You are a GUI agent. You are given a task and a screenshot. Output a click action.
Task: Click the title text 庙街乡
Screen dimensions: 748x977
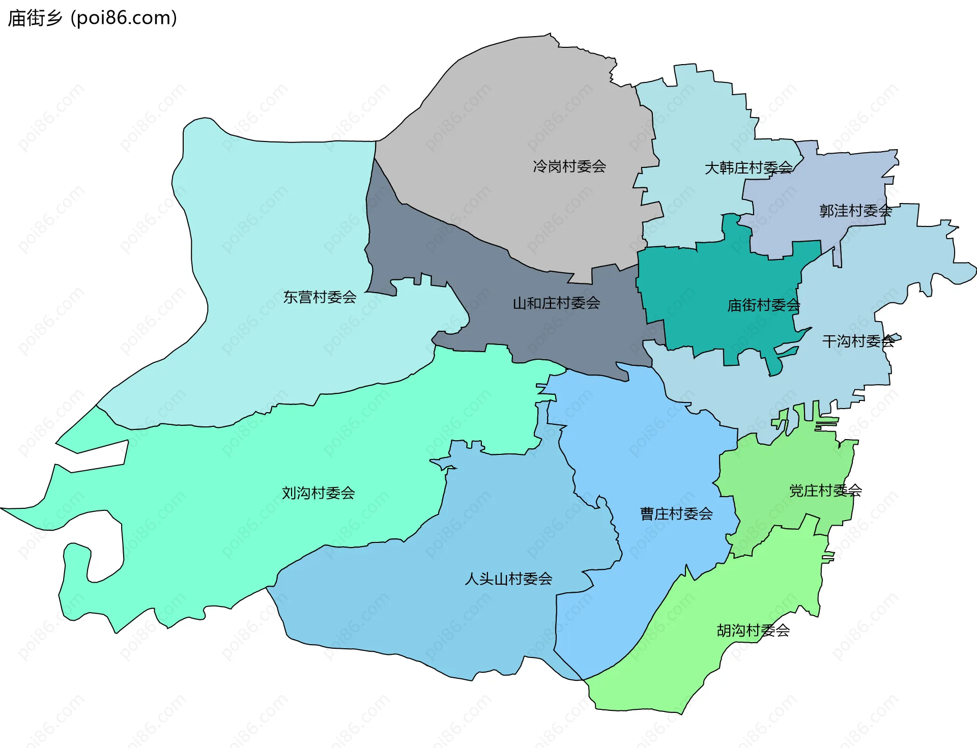pos(35,18)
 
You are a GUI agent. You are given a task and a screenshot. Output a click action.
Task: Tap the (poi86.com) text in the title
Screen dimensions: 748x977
pos(124,18)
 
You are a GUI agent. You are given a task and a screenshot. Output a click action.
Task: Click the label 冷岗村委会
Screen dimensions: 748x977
pos(569,166)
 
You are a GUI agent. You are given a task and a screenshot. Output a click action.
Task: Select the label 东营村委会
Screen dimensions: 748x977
pos(320,297)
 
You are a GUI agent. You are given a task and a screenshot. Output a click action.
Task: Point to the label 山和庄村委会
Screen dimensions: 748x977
pos(556,303)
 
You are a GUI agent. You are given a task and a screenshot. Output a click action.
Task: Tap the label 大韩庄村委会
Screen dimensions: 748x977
pos(748,168)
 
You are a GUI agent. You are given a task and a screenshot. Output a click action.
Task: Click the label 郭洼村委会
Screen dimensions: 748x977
pos(855,211)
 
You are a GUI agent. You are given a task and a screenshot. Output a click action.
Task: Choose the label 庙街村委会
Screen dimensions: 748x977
pos(763,305)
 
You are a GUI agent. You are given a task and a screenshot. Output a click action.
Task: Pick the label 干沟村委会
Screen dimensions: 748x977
pos(858,341)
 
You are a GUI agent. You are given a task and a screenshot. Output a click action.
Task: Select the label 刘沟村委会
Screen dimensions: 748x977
pos(319,493)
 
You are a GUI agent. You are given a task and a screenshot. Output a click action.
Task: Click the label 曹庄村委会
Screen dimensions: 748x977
pos(676,513)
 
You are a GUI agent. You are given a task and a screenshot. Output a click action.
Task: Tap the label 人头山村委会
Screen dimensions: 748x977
pos(508,579)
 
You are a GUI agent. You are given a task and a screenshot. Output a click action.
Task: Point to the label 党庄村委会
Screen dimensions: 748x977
pos(825,491)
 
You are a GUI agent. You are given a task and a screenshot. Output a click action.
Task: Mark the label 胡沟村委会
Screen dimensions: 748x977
pos(753,630)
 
